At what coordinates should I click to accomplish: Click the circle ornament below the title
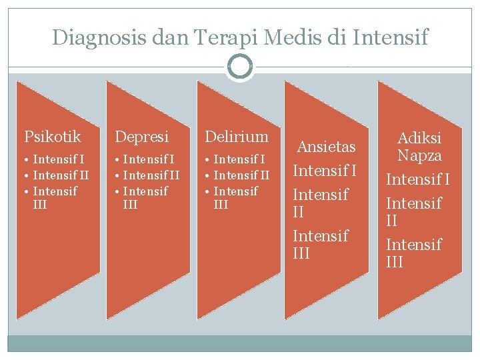tap(240, 67)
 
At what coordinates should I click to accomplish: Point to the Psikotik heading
tap(53, 137)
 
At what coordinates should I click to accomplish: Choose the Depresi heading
tap(142, 137)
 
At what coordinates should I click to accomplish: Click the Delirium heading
tap(237, 137)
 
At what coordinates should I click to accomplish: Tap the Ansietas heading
tap(326, 147)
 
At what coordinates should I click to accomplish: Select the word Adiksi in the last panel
tap(419, 139)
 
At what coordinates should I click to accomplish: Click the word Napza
tap(419, 156)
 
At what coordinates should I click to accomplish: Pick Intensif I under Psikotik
tap(59, 159)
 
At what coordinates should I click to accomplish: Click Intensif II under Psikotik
tap(61, 175)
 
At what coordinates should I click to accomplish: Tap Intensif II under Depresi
tap(151, 175)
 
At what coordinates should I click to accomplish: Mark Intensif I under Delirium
tap(239, 159)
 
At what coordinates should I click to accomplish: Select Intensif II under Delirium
tap(241, 175)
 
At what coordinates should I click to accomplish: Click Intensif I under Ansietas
tap(325, 171)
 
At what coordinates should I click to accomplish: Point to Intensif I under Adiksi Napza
tap(419, 180)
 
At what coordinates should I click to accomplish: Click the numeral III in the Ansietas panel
tap(301, 253)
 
